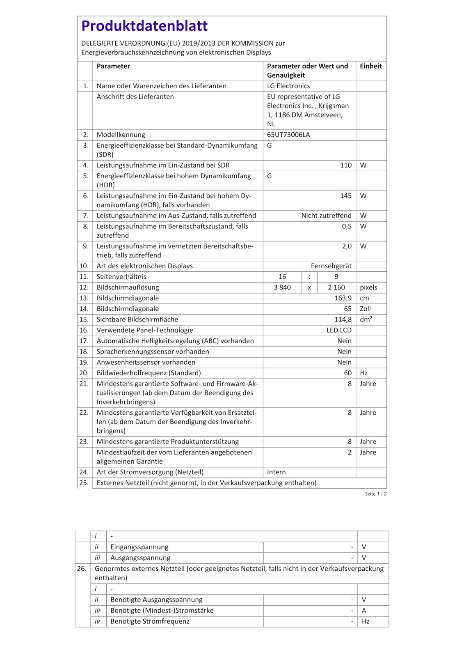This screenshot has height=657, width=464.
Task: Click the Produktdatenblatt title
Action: click(144, 26)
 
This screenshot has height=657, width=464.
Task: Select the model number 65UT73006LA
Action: click(288, 135)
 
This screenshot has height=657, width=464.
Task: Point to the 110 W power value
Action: click(346, 165)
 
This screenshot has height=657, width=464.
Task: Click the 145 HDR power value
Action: click(346, 195)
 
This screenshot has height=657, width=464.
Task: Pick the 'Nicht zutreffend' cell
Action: click(326, 216)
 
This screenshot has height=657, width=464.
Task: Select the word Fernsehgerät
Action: click(331, 266)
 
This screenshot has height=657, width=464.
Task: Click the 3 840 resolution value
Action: click(282, 287)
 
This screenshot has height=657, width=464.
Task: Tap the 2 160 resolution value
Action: click(336, 287)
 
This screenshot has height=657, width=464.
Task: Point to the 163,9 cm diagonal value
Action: click(343, 298)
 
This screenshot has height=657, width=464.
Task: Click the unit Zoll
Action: click(365, 309)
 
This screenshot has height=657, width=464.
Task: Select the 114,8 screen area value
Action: click(343, 319)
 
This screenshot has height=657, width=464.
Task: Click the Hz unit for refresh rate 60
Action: click(364, 373)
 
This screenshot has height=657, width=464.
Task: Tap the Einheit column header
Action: click(371, 66)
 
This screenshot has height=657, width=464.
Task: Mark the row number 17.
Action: click(84, 341)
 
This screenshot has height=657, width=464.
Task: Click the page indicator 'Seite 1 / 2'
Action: click(376, 494)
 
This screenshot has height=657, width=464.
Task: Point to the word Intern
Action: click(277, 472)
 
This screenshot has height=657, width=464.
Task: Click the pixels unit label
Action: click(369, 287)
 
